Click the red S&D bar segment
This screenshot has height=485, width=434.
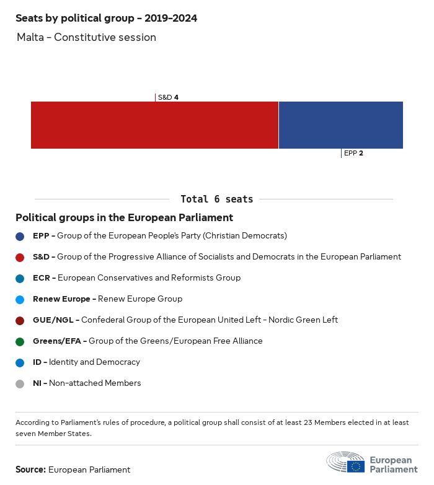(154, 125)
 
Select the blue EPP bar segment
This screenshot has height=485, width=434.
(341, 125)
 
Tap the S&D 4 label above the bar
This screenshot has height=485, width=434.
(168, 97)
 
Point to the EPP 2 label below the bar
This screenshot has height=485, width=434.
(353, 153)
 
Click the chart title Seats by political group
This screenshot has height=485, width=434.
(106, 18)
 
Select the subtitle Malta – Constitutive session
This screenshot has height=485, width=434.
(86, 37)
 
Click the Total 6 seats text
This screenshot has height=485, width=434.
(216, 199)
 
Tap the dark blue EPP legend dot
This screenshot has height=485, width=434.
(20, 236)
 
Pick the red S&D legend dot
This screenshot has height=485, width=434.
(20, 257)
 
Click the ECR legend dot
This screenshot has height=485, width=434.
(20, 278)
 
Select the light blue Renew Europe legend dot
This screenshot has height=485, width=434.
(20, 299)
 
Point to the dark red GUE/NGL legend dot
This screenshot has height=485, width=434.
(20, 320)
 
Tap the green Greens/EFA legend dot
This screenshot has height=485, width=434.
(20, 341)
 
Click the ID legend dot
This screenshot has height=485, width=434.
(20, 362)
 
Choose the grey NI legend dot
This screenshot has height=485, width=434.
(20, 383)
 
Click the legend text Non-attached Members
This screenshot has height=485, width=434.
(95, 383)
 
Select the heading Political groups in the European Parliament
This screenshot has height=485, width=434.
(124, 217)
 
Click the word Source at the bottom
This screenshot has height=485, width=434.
(30, 470)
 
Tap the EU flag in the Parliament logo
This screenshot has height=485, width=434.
(355, 466)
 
